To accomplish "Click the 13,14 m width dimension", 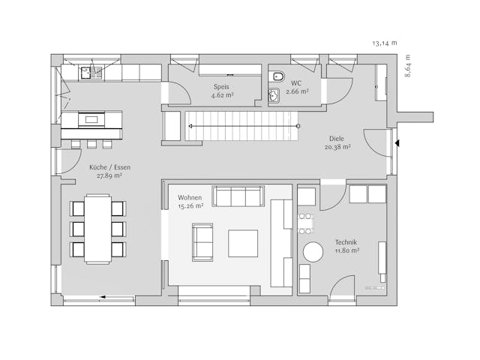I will coord(384,43).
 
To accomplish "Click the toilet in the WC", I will coord(277,76).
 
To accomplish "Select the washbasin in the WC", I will coord(274,94).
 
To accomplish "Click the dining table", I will coord(97,228).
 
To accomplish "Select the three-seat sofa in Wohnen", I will coord(238,196).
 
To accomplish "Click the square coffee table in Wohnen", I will coord(243,243).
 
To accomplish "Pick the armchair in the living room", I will coord(202,241).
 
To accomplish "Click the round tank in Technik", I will coord(311,253).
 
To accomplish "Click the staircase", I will coord(241,125).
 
